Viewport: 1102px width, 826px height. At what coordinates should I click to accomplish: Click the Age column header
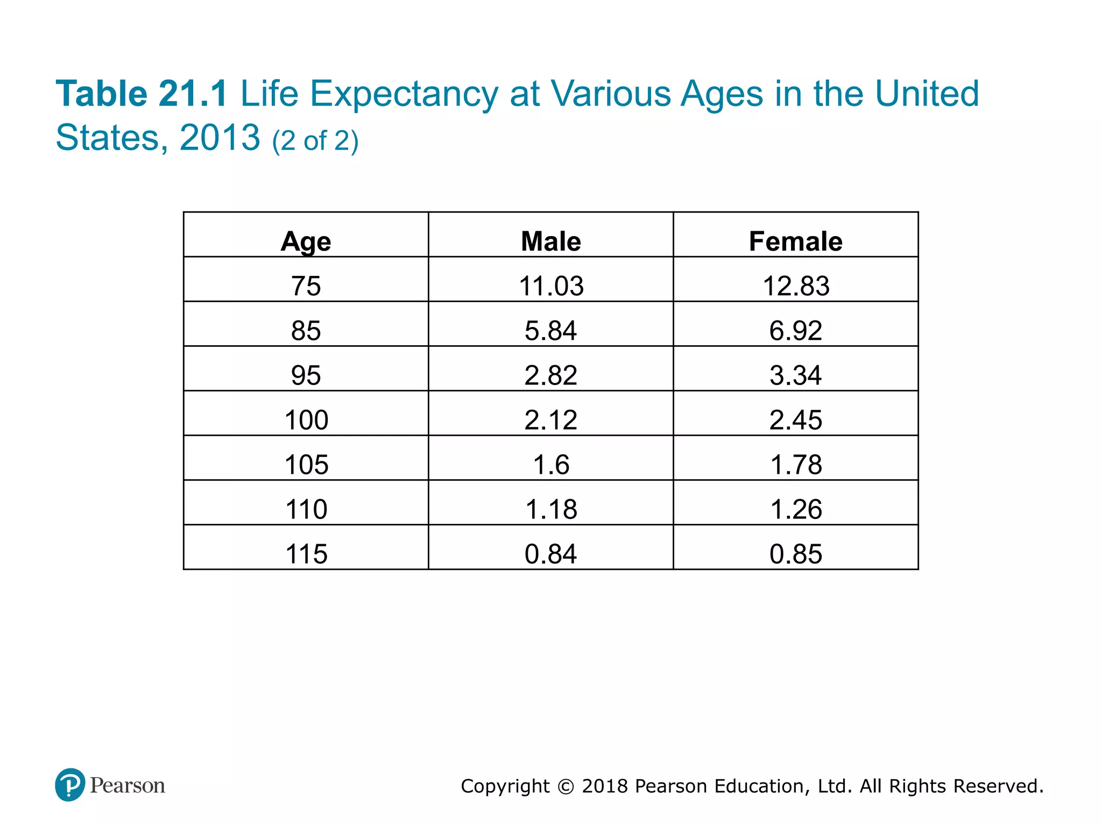[306, 241]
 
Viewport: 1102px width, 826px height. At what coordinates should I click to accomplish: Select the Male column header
[551, 241]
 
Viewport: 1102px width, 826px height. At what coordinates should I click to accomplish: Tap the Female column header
[795, 241]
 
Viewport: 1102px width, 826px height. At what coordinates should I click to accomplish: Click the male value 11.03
[551, 286]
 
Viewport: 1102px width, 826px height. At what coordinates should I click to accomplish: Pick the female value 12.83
[795, 286]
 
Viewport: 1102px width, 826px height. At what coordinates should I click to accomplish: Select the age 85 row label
[306, 330]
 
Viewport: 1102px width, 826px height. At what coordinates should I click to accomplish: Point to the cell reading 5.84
[551, 330]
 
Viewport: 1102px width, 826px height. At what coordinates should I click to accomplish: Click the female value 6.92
[795, 330]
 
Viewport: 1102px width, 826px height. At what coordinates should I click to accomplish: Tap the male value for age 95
[551, 375]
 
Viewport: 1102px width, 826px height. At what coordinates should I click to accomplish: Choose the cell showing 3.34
[795, 375]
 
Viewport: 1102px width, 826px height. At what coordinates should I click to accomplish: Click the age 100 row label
[306, 419]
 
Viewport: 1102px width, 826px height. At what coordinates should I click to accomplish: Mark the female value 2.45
[795, 419]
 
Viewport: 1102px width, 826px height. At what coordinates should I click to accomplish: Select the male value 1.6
[551, 464]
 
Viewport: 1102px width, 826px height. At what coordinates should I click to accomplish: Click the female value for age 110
[795, 509]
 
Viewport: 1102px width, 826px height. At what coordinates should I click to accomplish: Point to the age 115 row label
[306, 553]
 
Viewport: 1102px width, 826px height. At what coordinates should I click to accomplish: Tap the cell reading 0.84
[551, 553]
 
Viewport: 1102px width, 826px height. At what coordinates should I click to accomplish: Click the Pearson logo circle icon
[70, 785]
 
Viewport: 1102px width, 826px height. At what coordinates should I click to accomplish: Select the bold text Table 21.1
[142, 94]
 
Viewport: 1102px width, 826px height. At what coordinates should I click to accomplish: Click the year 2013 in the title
[220, 138]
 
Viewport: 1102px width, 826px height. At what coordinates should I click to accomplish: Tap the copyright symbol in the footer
[566, 786]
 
